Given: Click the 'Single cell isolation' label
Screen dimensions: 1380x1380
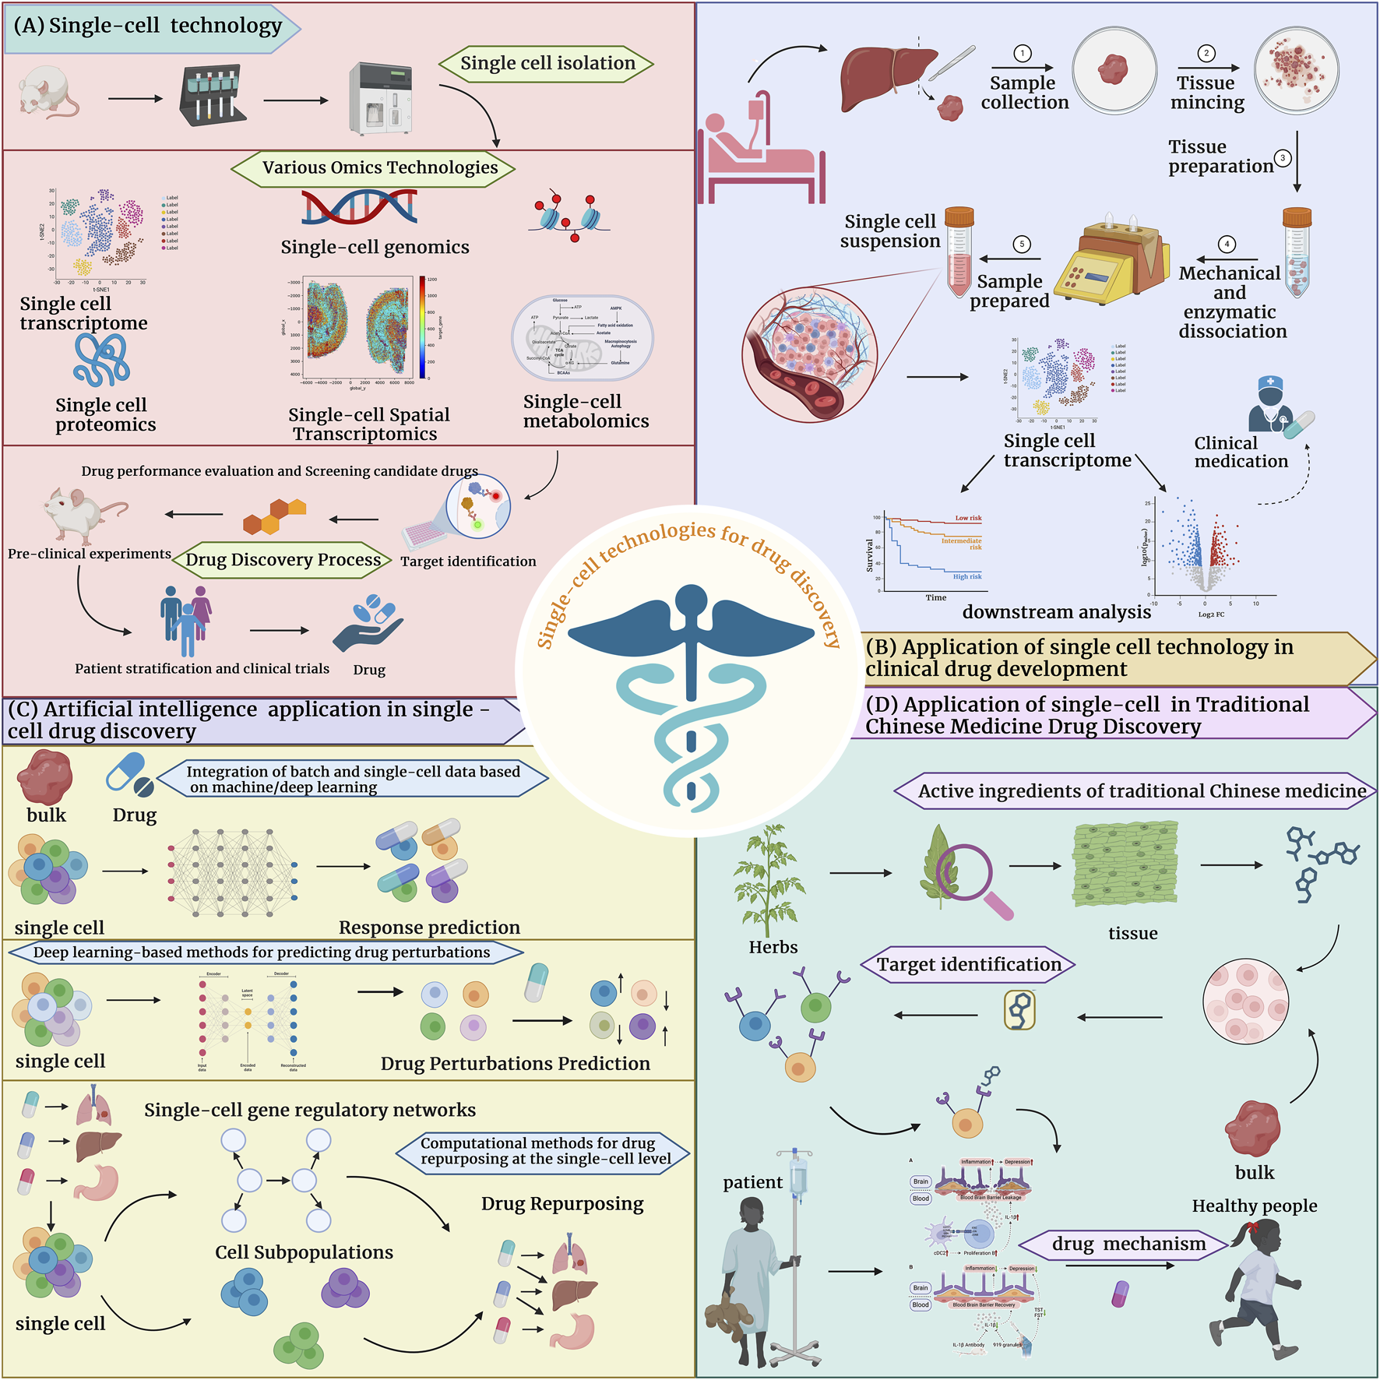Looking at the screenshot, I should tap(547, 63).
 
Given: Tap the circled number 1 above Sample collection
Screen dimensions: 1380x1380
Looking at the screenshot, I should tap(1022, 53).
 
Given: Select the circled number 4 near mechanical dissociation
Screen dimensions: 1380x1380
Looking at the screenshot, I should tap(1227, 244).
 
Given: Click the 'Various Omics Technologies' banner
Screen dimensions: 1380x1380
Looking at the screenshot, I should tap(379, 167).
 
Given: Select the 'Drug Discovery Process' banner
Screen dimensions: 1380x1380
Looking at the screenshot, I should tap(283, 559).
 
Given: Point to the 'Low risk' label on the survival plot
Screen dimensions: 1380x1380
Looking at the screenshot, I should tap(968, 518).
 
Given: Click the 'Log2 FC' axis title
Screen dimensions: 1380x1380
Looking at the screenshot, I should tap(1211, 614).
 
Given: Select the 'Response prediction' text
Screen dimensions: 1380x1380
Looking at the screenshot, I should tap(429, 927).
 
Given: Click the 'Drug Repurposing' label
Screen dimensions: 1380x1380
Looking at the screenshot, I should tap(562, 1203).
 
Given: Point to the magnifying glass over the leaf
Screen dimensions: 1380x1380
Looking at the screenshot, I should tap(966, 876).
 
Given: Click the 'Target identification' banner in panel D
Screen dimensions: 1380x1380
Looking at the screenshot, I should tap(969, 964).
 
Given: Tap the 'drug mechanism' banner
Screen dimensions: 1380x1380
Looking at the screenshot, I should tap(1128, 1244).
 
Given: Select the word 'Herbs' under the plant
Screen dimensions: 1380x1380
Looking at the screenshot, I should tap(773, 947).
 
